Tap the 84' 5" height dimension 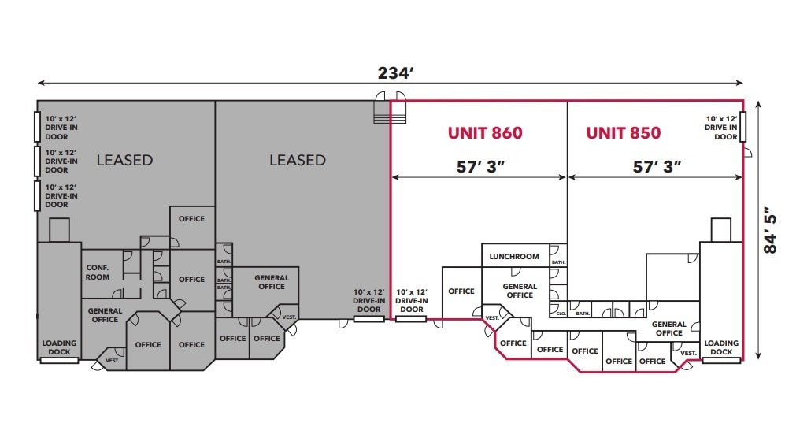click(772, 229)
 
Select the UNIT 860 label click(485, 132)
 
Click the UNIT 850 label click(623, 132)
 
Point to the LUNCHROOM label click(514, 256)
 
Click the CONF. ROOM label click(98, 272)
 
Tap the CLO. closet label click(561, 313)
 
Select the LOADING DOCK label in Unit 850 click(721, 347)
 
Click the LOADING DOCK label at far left click(59, 347)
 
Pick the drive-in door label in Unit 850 click(720, 127)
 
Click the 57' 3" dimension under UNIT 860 click(480, 166)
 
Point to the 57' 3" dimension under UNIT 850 click(657, 166)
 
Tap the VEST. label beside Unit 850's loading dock click(687, 352)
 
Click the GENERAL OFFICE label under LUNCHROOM click(520, 291)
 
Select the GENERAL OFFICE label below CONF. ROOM click(105, 315)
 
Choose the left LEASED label click(124, 160)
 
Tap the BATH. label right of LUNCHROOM click(558, 262)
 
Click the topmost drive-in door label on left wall click(61, 127)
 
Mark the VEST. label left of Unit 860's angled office click(492, 318)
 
